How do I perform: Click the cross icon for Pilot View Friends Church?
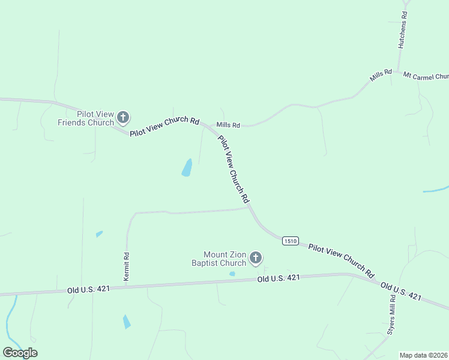(123, 117)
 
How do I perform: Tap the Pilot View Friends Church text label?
(86, 118)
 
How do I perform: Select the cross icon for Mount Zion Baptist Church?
(256, 258)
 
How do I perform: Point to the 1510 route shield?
(290, 241)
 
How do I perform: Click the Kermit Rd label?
(127, 265)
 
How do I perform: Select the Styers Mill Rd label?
(391, 314)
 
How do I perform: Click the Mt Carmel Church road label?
(426, 76)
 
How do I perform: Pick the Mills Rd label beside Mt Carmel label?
(381, 75)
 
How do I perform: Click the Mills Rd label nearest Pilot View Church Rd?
(228, 125)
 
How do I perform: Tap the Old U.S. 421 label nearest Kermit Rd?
(88, 289)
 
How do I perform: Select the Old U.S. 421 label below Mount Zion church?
(279, 278)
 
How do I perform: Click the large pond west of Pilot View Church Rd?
(187, 168)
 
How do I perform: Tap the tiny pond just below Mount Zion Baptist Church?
(232, 274)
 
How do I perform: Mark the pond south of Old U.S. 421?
(127, 322)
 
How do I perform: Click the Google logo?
(20, 352)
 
